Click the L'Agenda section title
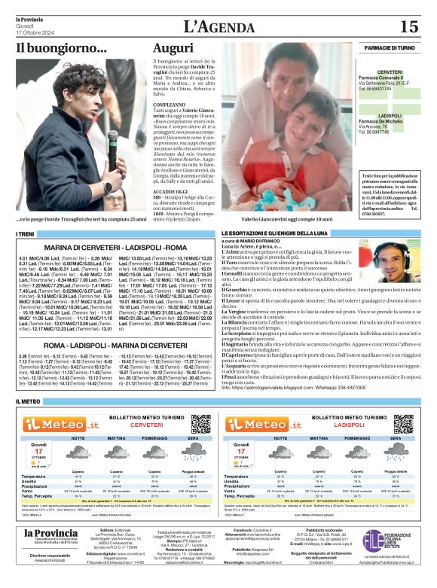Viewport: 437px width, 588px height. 218,26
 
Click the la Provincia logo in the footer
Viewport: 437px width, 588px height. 50,535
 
